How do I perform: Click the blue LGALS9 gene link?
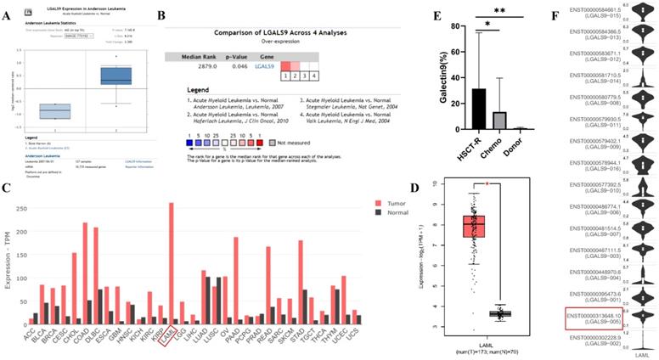(264, 65)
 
